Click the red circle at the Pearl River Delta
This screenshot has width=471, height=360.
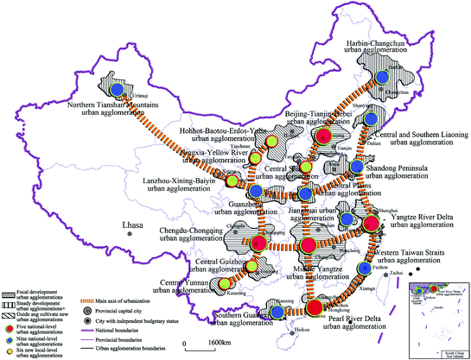coord(314,306)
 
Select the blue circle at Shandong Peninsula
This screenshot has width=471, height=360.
coord(357,164)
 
